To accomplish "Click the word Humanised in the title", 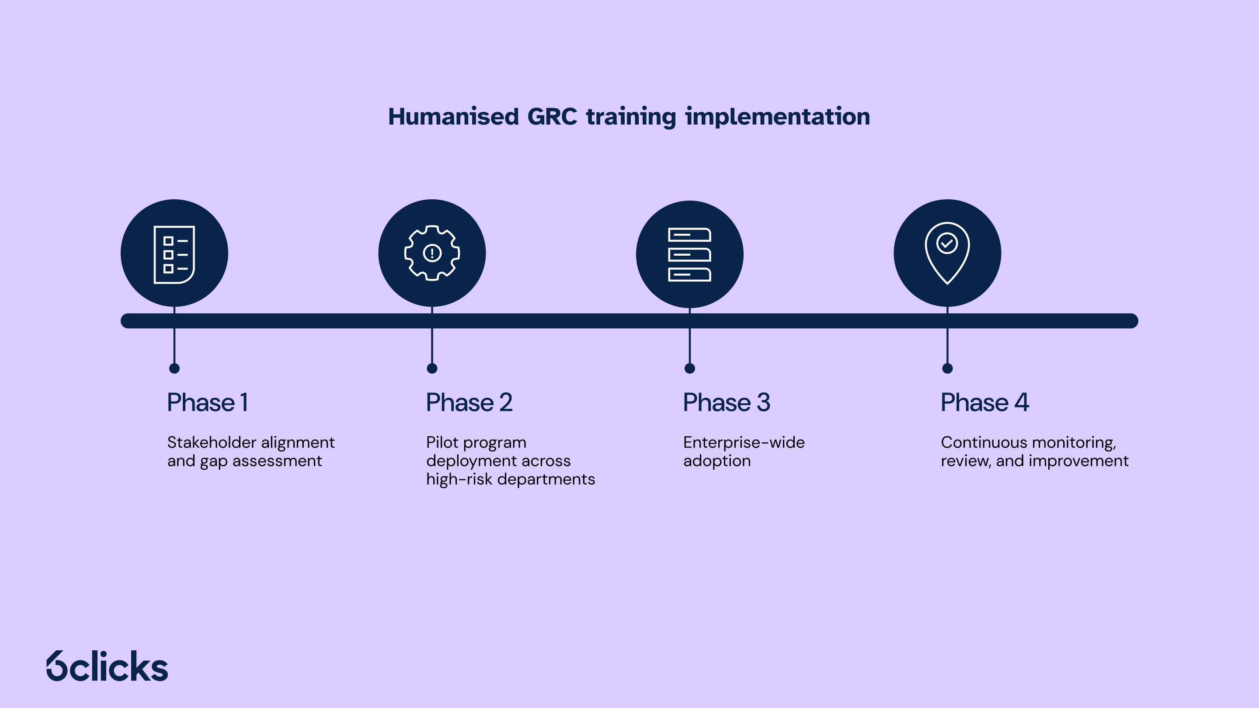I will point(453,117).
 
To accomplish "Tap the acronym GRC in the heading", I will point(552,117).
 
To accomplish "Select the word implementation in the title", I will point(777,117).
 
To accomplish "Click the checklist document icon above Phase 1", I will point(174,254).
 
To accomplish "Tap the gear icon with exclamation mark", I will point(432,253).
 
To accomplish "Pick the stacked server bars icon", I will point(690,254).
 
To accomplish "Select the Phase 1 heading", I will point(208,403).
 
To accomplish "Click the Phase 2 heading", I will point(469,403).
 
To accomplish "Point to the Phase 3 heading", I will point(726,403).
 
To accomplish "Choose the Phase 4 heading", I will point(985,403).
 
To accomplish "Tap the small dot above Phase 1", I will point(174,368).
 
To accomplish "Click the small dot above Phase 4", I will point(947,368).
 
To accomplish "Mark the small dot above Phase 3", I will point(690,368).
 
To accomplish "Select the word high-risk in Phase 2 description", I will point(459,479).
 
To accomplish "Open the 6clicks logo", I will point(107,666).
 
